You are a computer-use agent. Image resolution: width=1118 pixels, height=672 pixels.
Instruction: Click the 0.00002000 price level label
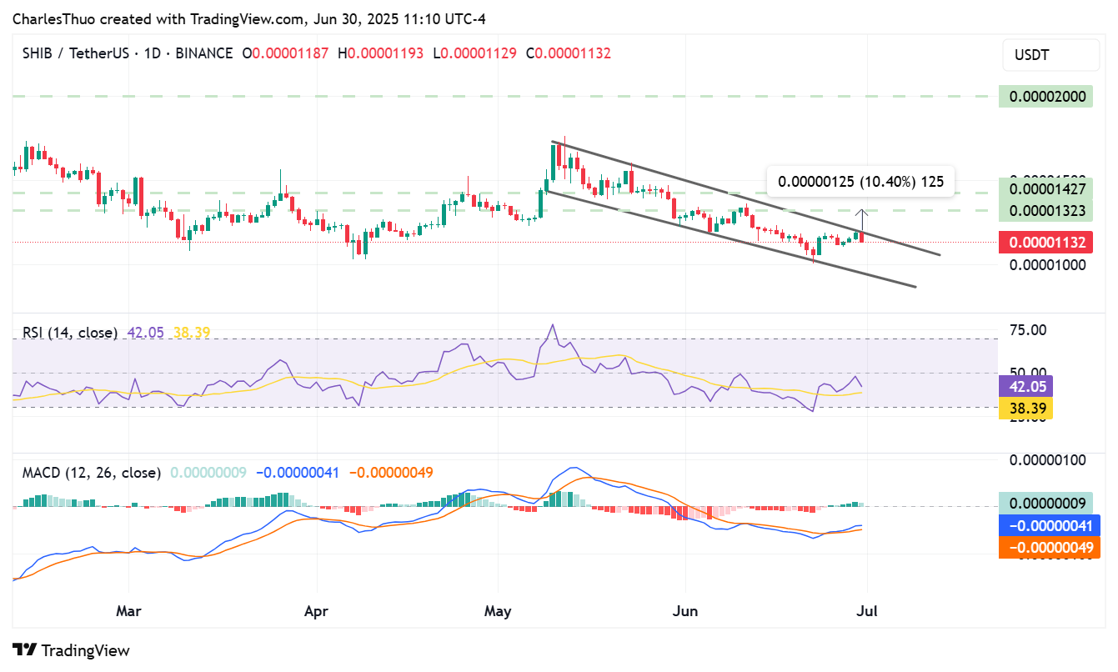tap(1049, 96)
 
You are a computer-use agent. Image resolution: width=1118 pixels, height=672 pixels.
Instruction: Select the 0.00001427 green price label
tap(1049, 189)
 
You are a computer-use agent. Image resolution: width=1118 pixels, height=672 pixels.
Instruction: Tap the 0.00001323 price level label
tap(1049, 210)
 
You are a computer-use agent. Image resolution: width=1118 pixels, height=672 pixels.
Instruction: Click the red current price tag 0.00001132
tap(1049, 243)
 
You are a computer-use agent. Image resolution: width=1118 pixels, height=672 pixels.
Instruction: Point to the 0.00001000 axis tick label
tap(1049, 264)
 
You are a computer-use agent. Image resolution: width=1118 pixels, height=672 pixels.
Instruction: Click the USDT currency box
tap(1050, 55)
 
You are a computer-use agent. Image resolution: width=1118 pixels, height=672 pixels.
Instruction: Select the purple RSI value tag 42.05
tap(1025, 386)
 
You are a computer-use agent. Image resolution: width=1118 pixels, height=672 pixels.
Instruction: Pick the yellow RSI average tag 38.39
tap(1025, 408)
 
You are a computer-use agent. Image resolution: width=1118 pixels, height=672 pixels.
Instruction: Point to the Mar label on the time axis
tap(128, 611)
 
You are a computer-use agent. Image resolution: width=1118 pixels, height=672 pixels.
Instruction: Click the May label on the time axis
tap(498, 611)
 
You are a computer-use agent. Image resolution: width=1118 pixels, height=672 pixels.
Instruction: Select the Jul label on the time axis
tap(867, 611)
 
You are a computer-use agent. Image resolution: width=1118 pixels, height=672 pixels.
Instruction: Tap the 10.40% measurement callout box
tap(860, 182)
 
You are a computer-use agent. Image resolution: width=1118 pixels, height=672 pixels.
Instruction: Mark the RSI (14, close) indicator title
tap(70, 333)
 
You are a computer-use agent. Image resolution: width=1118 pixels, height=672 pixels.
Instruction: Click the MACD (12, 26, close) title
tap(92, 473)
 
